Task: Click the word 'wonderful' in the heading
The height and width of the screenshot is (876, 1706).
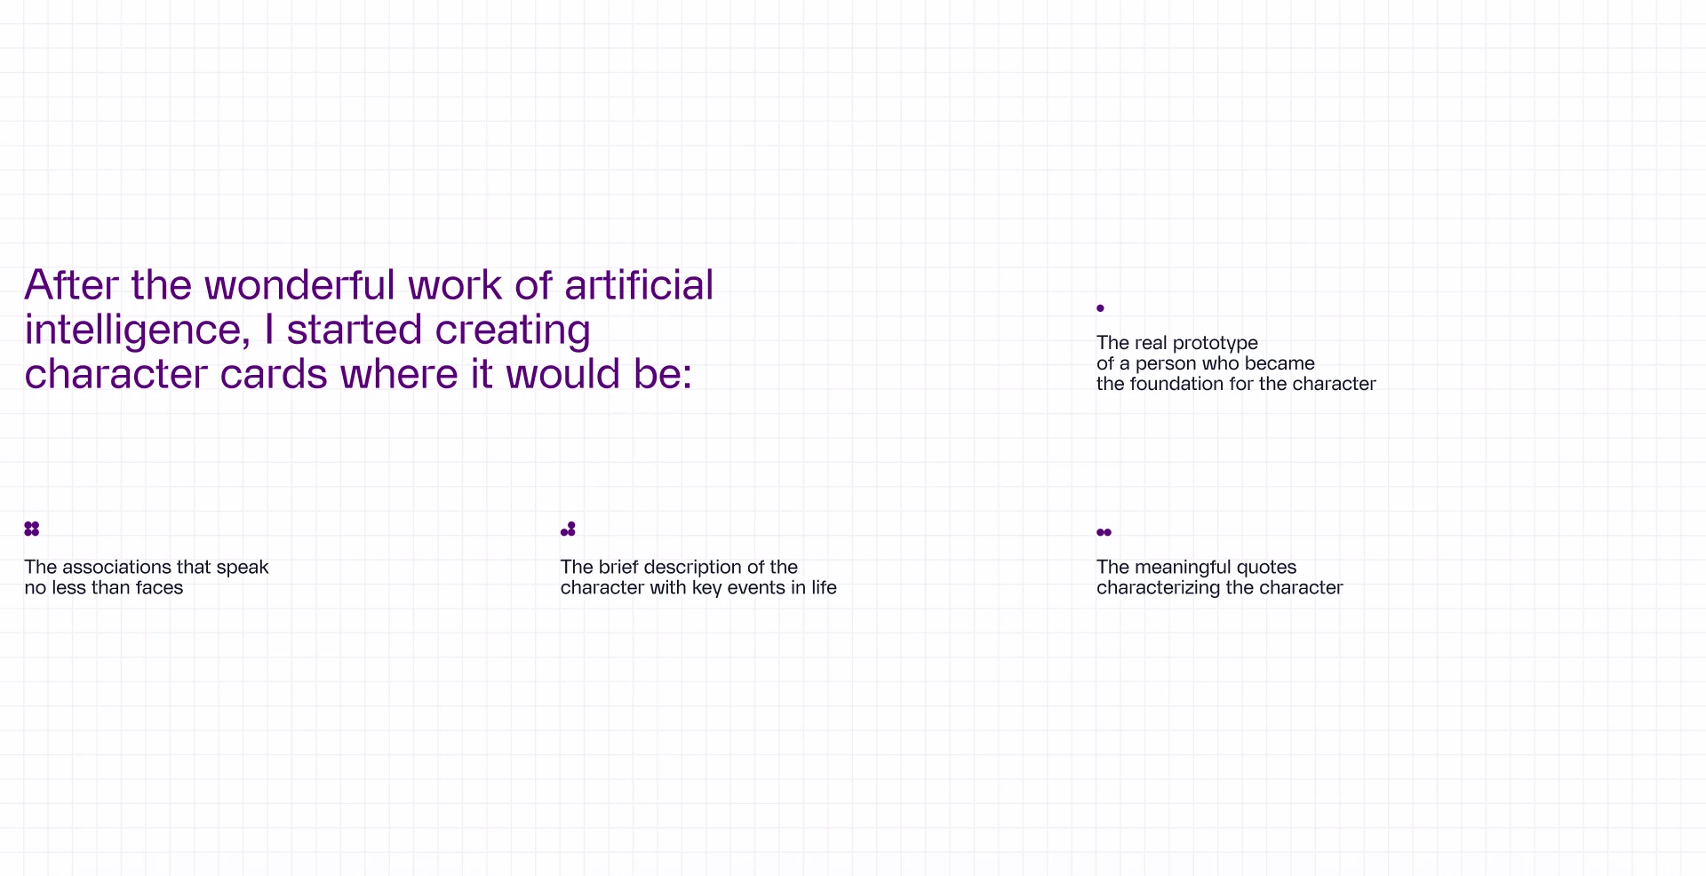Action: tap(299, 285)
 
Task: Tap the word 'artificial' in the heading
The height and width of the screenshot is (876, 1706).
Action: tap(639, 285)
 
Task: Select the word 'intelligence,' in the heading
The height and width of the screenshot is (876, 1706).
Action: tap(138, 331)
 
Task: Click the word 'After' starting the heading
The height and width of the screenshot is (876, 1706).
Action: tap(72, 285)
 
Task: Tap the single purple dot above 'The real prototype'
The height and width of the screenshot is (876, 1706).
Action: tap(1100, 308)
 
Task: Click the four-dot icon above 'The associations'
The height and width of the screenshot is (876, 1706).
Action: tap(32, 529)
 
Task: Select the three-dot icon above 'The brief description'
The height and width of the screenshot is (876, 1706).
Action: tap(568, 529)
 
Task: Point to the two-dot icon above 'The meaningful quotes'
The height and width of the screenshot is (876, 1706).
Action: tap(1104, 532)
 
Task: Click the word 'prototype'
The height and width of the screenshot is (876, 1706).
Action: tap(1216, 344)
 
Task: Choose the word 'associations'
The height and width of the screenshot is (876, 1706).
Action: tap(116, 567)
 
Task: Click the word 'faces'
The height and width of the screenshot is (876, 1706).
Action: tap(159, 588)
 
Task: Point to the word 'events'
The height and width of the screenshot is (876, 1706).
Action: tap(756, 588)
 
